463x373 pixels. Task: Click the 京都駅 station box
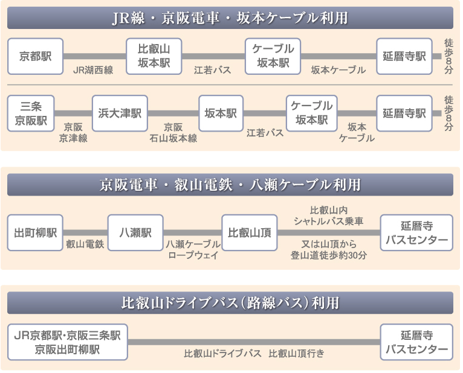(x=35, y=56)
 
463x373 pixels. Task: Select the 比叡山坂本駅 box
(x=154, y=56)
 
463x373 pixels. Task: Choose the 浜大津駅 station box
(x=120, y=113)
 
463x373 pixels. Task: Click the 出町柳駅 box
(x=35, y=232)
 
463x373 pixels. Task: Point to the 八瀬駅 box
(x=135, y=232)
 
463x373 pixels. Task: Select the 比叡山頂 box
(x=249, y=232)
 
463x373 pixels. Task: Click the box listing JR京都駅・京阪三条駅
(x=68, y=342)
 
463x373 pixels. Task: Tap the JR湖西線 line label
(x=93, y=70)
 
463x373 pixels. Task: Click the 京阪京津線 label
(x=73, y=133)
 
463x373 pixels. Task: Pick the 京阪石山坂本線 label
(x=173, y=133)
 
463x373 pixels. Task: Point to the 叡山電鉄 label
(x=85, y=244)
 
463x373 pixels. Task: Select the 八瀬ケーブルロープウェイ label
(x=193, y=249)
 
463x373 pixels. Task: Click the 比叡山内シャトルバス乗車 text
(x=328, y=216)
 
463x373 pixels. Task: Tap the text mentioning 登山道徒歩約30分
(x=328, y=249)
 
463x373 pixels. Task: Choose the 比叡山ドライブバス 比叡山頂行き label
(x=254, y=353)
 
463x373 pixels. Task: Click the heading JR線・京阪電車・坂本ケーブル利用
(x=230, y=18)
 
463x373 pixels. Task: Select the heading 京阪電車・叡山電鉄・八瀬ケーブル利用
(x=230, y=184)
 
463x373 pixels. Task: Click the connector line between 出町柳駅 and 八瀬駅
(x=85, y=232)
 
